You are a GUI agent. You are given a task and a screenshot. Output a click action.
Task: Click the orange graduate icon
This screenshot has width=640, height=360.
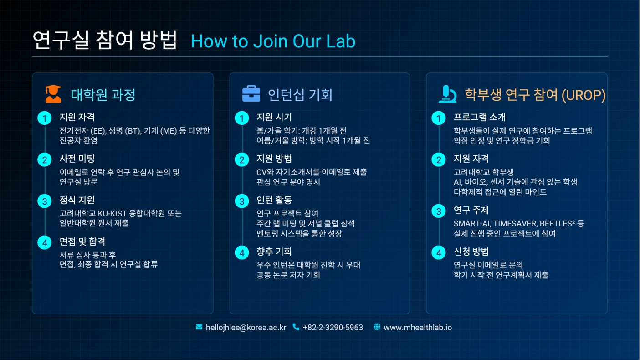tap(53, 94)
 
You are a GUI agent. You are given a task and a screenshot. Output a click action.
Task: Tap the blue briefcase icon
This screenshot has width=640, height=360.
tap(251, 93)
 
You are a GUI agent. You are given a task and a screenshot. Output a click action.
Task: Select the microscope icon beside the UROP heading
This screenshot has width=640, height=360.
tap(447, 94)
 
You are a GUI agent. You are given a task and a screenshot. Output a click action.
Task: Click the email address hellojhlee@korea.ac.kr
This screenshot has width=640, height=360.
tap(246, 328)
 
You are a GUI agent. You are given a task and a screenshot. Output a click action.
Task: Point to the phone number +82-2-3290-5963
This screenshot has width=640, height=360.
tap(333, 328)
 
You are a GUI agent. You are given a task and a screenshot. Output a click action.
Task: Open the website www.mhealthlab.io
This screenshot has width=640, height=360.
tap(418, 328)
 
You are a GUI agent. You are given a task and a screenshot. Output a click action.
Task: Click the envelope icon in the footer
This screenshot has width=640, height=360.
tap(199, 327)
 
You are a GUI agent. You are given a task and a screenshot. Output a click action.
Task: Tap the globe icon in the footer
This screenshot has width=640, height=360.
tap(377, 327)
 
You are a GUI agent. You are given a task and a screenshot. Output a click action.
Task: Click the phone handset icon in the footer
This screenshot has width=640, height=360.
tap(296, 327)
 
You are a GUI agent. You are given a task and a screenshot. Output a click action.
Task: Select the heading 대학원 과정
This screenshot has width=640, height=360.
tap(103, 95)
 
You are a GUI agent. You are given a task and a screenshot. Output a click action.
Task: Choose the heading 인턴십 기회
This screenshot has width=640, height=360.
tap(300, 95)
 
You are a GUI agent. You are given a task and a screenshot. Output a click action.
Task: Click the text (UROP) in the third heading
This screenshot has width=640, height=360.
tap(584, 95)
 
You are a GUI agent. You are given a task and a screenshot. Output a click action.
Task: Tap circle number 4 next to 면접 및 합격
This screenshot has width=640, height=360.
tap(45, 243)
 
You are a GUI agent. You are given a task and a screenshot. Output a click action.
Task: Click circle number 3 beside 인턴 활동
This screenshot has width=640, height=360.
tap(242, 201)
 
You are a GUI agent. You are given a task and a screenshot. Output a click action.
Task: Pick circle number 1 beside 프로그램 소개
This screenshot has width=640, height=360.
tap(439, 118)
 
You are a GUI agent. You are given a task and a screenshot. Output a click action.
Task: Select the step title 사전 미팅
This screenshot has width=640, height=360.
tap(77, 159)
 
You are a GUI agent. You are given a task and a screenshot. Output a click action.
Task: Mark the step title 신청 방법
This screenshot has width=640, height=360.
tap(471, 252)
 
